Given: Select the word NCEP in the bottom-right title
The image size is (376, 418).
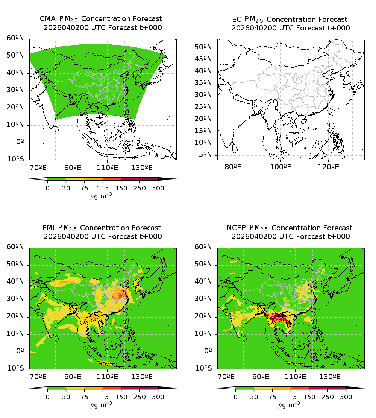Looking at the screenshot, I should coord(237,228).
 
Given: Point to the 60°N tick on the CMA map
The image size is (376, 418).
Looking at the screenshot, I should coord(15,38).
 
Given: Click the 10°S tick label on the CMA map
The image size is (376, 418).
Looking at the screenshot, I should coord(15,159).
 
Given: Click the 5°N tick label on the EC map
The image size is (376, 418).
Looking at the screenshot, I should coord(206,155).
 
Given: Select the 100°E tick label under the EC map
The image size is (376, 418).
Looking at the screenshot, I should coord(280,167).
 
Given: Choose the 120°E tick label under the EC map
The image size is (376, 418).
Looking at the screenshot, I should coord(327,167).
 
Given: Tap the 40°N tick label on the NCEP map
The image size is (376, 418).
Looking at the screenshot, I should coord(203,282).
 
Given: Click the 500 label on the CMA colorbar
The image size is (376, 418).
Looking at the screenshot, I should coord(158,188).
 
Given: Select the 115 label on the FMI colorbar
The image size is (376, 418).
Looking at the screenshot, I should coord(103,397).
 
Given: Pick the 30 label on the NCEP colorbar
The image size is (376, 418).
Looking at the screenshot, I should coord(254,397).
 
